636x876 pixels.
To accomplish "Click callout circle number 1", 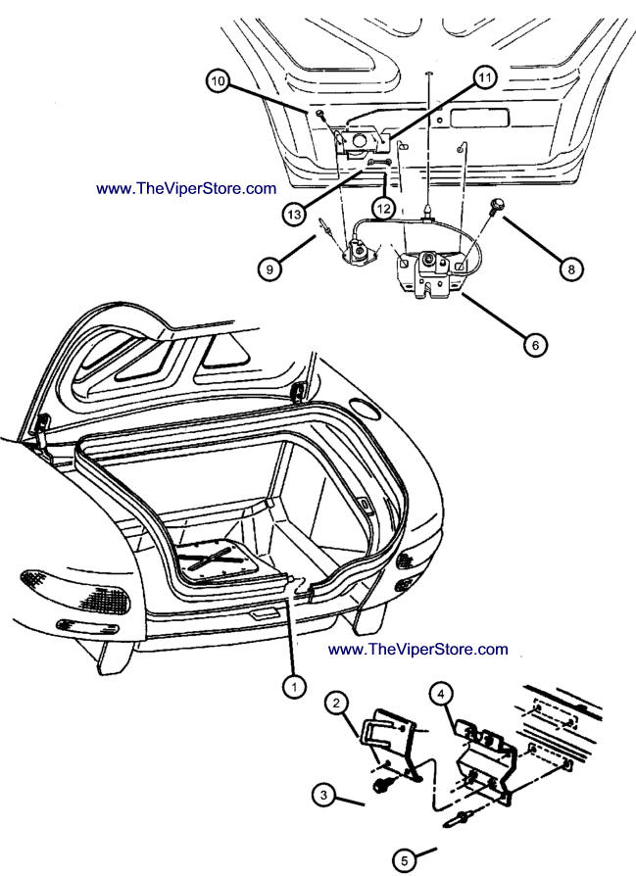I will point(292,687).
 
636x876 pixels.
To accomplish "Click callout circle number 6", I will point(535,344).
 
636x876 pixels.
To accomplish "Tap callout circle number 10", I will point(218,81).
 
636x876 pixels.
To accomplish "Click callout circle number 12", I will point(385,208).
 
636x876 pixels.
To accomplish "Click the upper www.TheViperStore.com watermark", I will point(186,188).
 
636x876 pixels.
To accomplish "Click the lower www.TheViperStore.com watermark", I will point(418,649).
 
